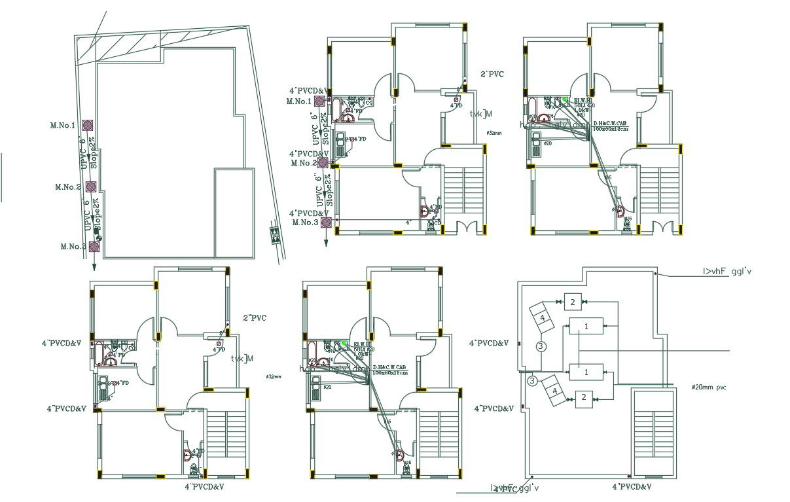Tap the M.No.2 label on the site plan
tap(68, 187)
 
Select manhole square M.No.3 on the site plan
tap(94, 247)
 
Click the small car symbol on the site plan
tap(273, 233)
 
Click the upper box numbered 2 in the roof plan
tap(572, 302)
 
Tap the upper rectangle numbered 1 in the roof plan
tap(586, 325)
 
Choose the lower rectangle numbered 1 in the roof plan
tap(586, 372)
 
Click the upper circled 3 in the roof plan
tap(541, 346)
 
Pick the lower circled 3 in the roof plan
tap(532, 380)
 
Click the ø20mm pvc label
tap(709, 387)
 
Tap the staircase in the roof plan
tap(653, 432)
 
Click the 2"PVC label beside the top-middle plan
tap(492, 75)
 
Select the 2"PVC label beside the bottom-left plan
tap(254, 318)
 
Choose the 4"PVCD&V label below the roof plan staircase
tap(632, 487)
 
